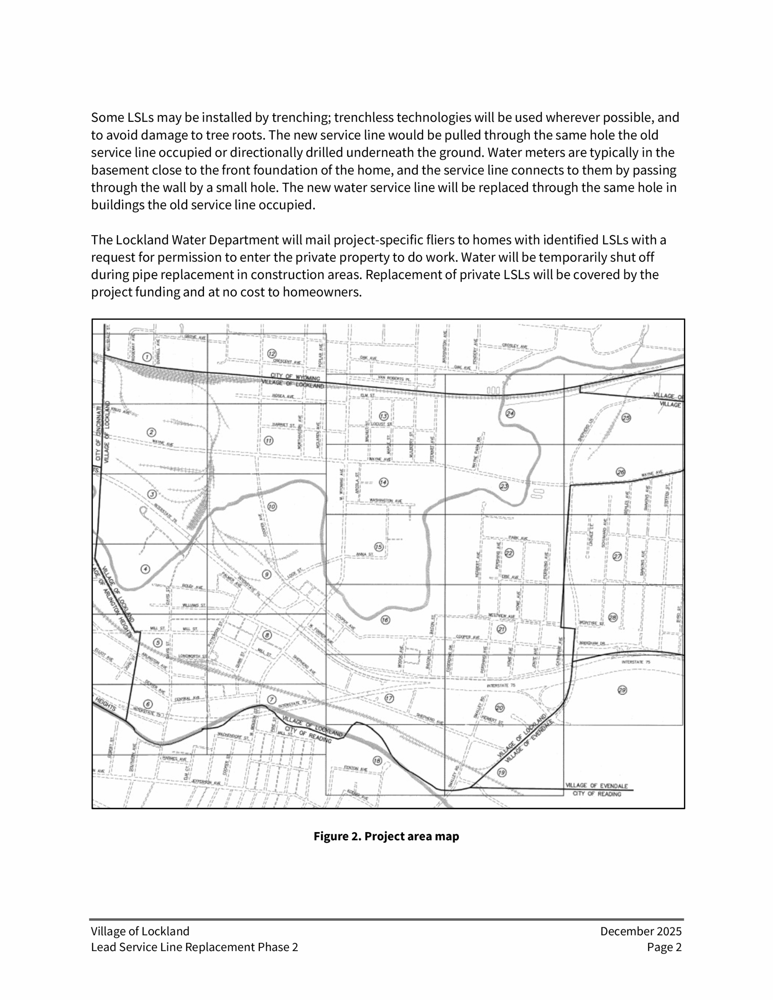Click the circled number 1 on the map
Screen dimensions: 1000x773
click(147, 357)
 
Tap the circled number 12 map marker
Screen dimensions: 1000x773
click(272, 354)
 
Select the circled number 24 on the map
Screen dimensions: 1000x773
click(510, 413)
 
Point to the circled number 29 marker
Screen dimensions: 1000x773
click(622, 690)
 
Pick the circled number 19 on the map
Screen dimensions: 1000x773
click(502, 772)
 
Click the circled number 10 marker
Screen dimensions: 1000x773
click(272, 506)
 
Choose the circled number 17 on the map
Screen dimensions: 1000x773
click(389, 698)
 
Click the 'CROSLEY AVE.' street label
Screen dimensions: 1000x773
click(514, 346)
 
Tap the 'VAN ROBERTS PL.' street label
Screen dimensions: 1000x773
click(394, 378)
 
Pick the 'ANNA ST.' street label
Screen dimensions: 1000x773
click(365, 554)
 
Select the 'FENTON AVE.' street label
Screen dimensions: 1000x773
click(356, 769)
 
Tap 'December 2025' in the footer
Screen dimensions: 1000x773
click(641, 931)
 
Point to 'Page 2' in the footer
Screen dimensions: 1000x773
click(664, 947)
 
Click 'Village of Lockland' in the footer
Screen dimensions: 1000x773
click(140, 931)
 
